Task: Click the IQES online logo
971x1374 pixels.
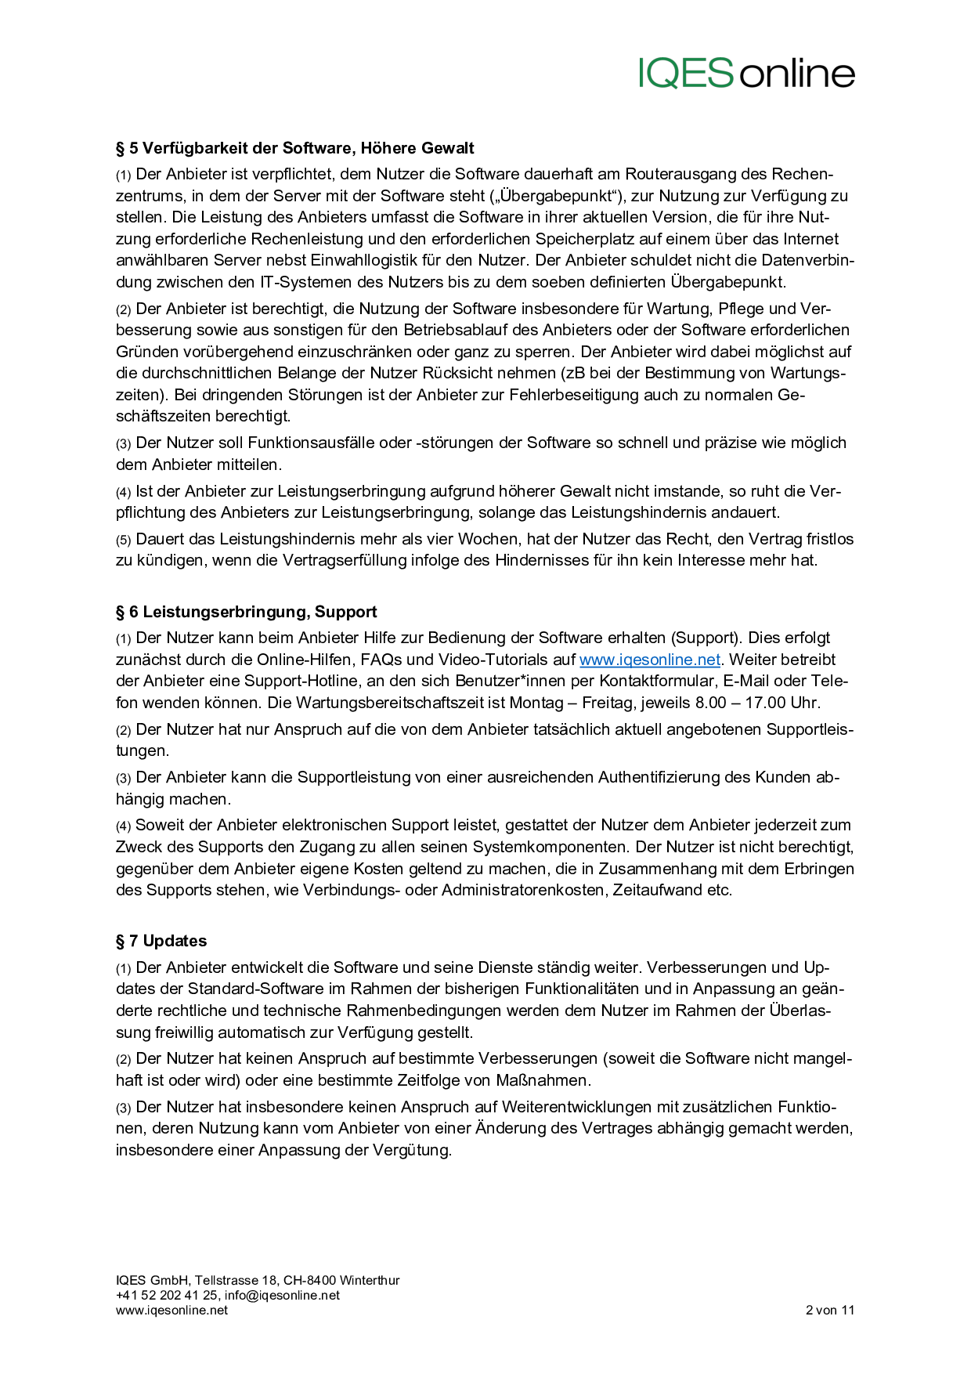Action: [x=746, y=73]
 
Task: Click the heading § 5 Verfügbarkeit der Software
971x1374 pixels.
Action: [x=295, y=148]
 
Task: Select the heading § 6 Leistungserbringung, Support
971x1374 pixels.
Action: [x=247, y=612]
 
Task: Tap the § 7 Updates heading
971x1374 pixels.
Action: [x=161, y=941]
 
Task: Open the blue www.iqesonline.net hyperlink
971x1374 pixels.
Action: [x=649, y=660]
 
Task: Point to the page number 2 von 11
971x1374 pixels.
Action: [x=829, y=1310]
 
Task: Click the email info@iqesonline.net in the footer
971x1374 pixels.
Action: [x=282, y=1295]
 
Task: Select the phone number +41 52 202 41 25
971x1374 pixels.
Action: [x=167, y=1295]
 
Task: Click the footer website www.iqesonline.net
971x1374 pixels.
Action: [x=171, y=1310]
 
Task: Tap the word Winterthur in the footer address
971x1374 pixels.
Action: [x=370, y=1280]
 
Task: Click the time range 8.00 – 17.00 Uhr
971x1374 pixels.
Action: [x=757, y=703]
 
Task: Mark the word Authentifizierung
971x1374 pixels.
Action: [x=664, y=777]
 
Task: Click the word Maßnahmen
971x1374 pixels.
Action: [x=542, y=1080]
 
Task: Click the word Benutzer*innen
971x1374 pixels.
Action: [x=513, y=681]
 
